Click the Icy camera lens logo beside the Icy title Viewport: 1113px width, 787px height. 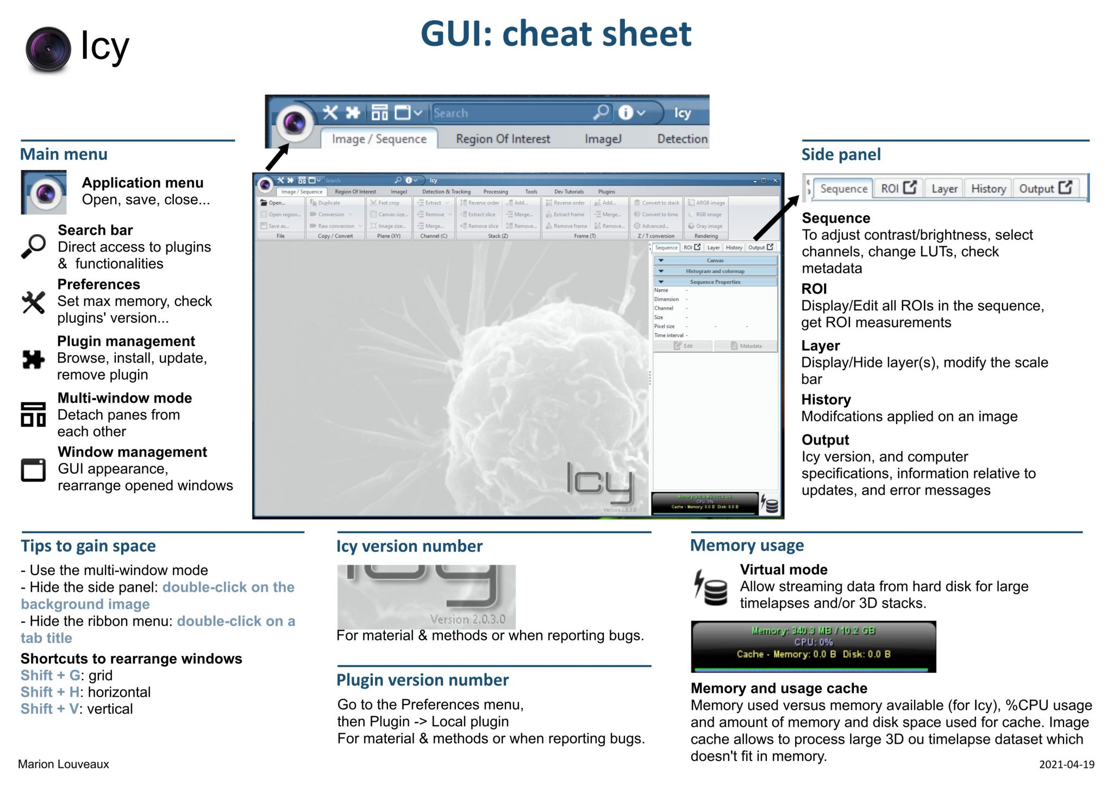[48, 49]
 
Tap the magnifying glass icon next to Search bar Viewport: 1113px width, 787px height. [33, 246]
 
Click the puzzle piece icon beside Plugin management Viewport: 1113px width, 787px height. [33, 359]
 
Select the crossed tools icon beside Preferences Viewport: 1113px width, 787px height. [33, 302]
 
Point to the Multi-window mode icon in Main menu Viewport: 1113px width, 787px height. [33, 414]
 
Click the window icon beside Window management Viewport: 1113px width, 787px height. [33, 470]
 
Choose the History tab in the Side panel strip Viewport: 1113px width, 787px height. [988, 189]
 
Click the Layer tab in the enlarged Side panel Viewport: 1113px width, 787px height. [944, 189]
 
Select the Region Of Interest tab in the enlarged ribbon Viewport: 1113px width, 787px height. [503, 139]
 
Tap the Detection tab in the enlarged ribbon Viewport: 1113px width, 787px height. [682, 139]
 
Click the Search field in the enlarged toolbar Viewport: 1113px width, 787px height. [511, 113]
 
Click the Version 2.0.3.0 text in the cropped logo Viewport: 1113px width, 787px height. [467, 619]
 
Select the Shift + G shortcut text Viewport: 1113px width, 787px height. [50, 676]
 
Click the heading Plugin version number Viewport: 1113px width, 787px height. [422, 680]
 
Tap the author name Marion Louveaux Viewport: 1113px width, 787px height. [63, 764]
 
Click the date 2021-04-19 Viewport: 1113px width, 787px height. [1066, 765]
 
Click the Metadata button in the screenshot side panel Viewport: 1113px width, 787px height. [746, 346]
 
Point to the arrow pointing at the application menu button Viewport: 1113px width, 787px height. [277, 158]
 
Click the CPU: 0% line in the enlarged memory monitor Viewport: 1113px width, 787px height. [813, 642]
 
